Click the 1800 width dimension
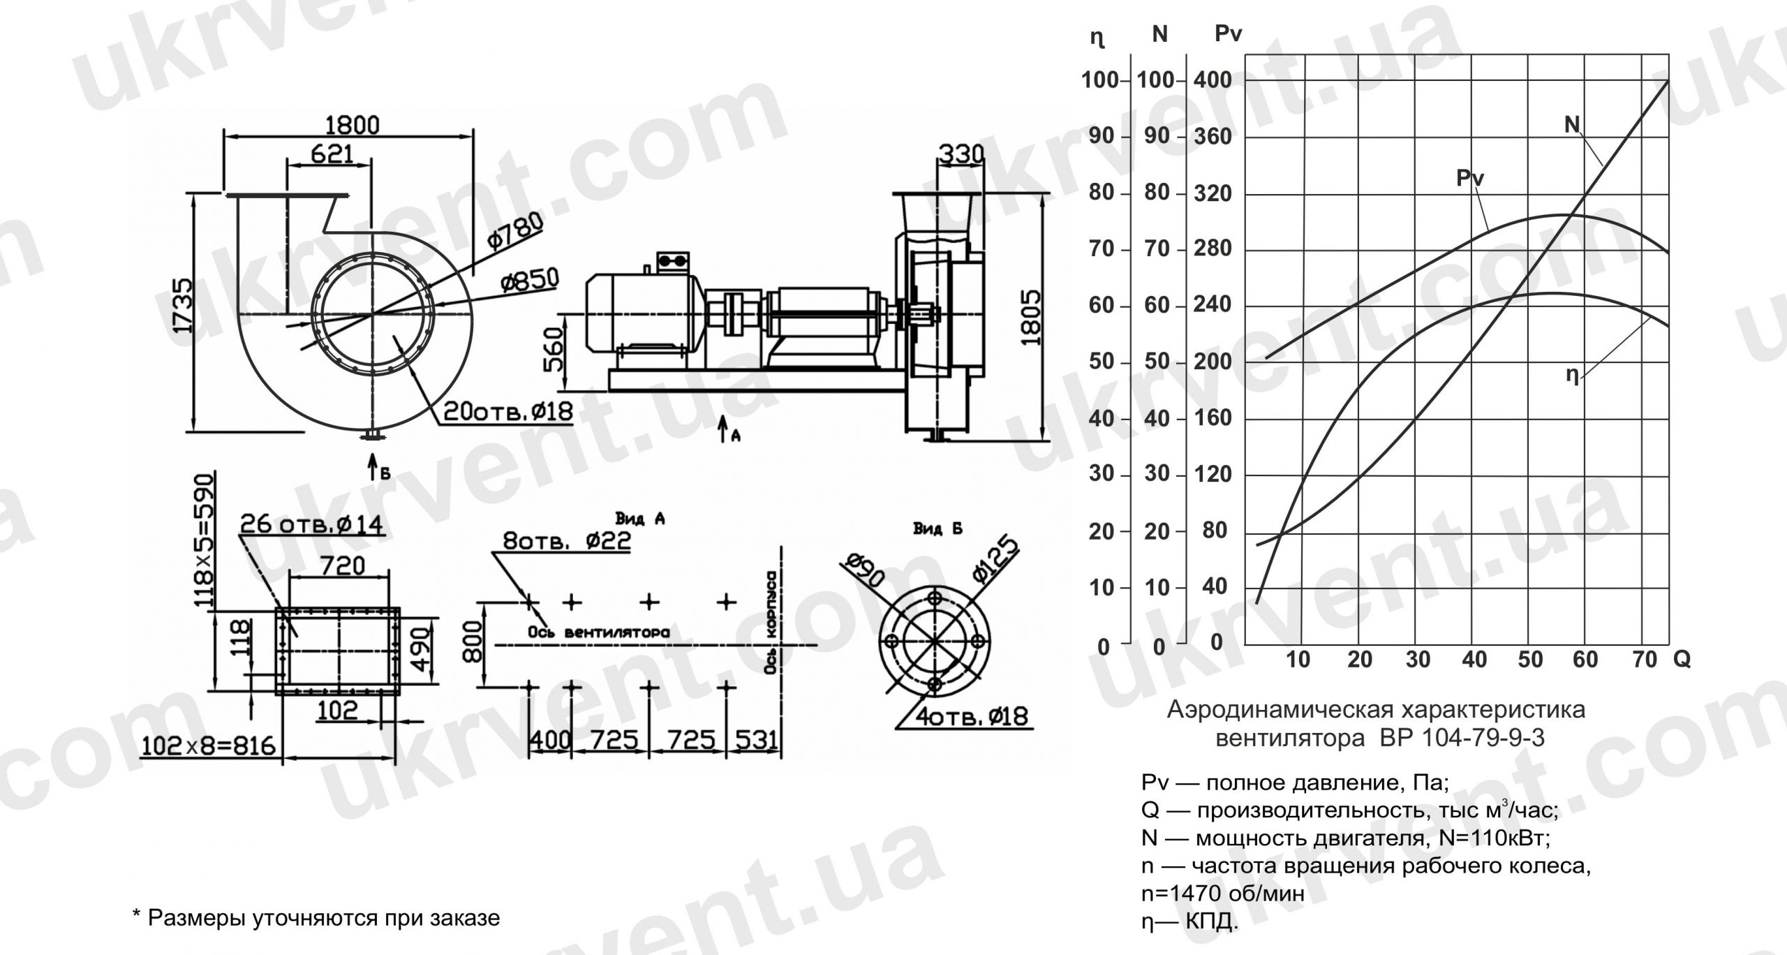click(353, 126)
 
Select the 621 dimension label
click(332, 155)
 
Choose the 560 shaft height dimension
click(553, 350)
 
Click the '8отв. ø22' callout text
click(566, 541)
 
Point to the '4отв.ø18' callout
click(974, 717)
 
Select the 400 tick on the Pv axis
click(1213, 80)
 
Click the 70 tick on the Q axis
click(1645, 660)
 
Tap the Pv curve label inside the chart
click(1469, 179)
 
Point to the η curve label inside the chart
click(1571, 376)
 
